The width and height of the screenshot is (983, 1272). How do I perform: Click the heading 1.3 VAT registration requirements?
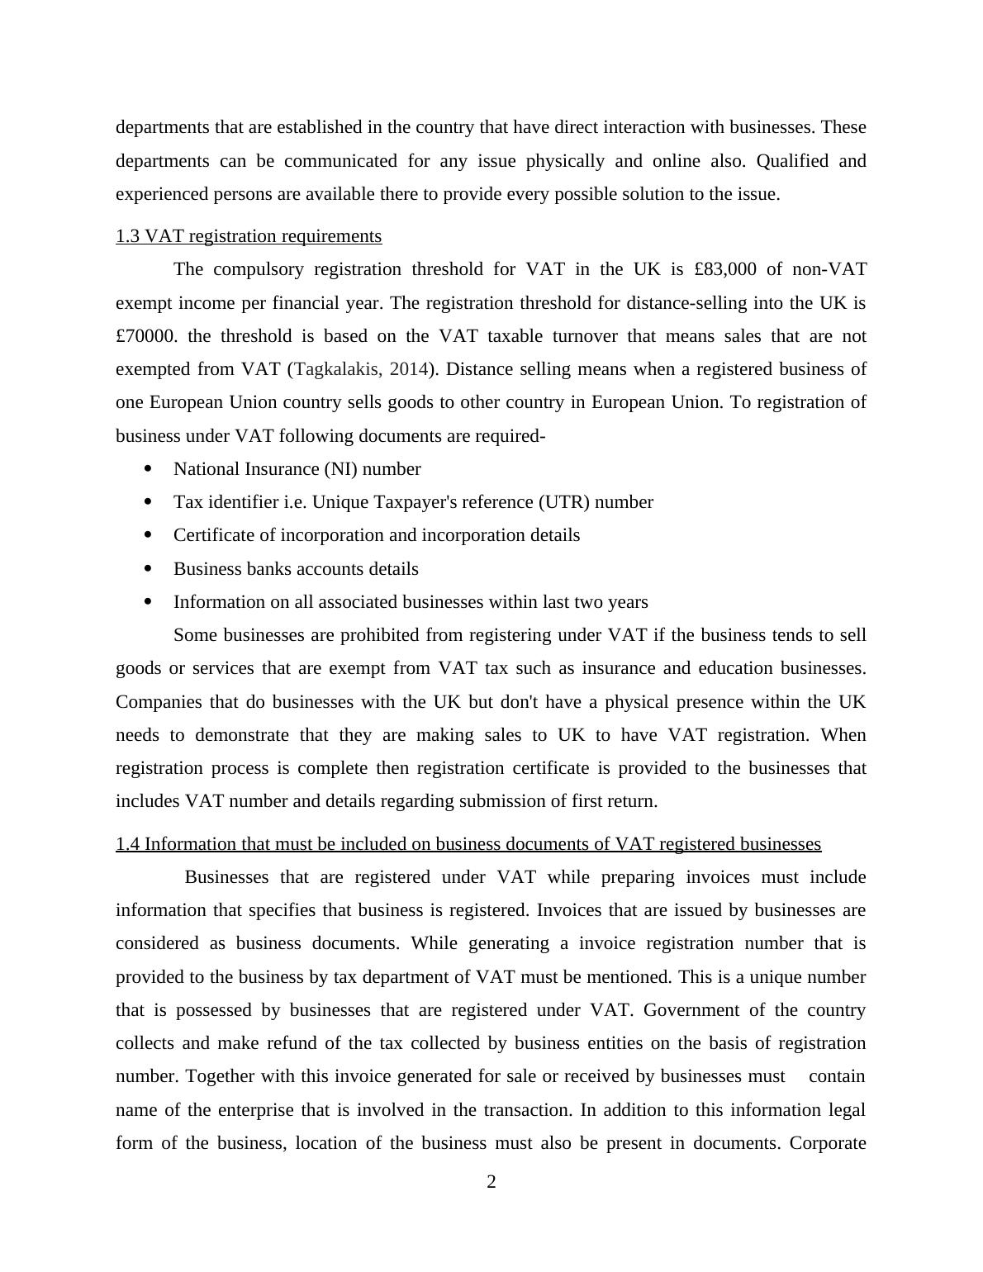(249, 236)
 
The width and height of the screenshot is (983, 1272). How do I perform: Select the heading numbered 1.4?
(468, 843)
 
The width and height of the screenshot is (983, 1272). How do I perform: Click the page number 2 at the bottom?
(491, 1182)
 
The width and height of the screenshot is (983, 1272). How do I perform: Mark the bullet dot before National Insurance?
(148, 469)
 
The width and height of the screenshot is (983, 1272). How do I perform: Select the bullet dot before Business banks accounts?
(148, 568)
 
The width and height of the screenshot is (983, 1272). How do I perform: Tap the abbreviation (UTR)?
(563, 502)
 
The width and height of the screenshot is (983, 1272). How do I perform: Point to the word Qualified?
(792, 160)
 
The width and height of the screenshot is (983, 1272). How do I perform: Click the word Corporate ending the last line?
(827, 1143)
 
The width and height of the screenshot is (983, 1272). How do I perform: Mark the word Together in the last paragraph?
(219, 1076)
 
